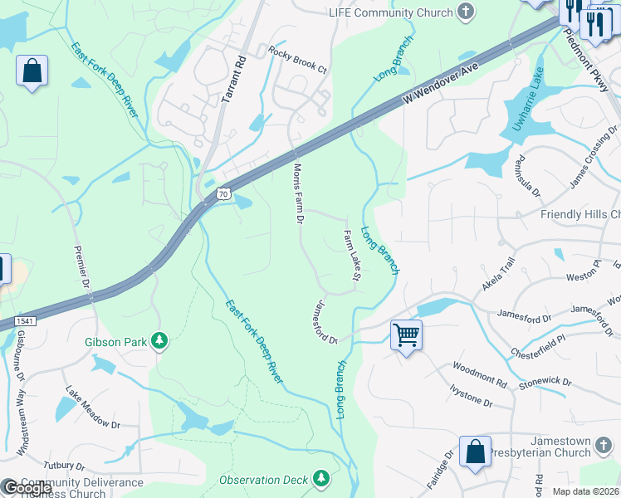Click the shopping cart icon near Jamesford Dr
pos(406,335)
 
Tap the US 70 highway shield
pos(222,193)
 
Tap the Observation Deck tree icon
pos(320,479)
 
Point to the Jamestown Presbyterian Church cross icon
pos(603,449)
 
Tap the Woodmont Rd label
pos(479,374)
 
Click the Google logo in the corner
pos(27,488)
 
